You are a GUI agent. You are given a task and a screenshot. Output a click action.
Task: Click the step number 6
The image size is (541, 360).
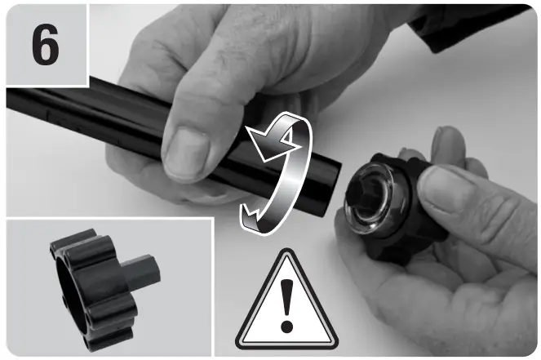tap(46, 44)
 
